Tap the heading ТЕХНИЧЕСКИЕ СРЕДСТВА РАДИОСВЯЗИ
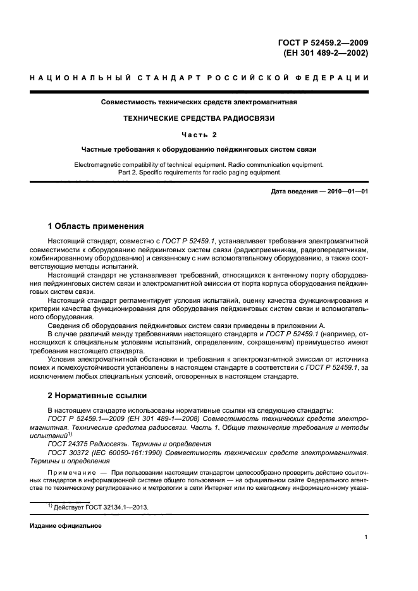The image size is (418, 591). pos(199,118)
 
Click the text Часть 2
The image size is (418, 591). pos(199,134)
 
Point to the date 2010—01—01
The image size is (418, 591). pos(346,190)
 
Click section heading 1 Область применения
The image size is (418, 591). pos(96,226)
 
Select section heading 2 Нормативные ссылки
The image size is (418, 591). pos(97,396)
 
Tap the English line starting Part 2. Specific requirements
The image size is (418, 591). pos(199,172)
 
